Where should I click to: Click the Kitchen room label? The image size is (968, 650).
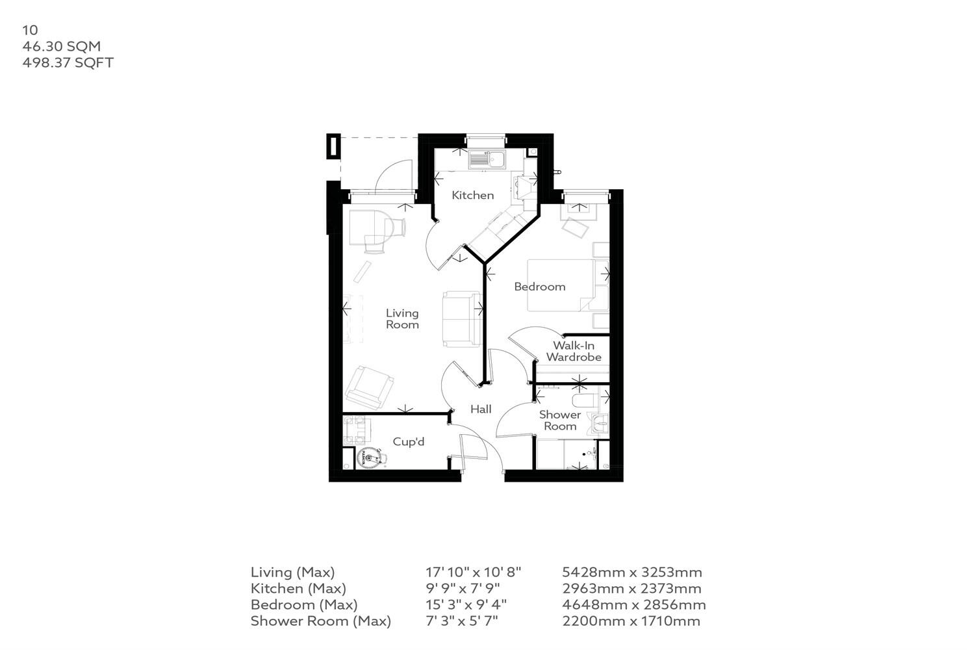472,195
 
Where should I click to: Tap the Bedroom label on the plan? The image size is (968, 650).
539,287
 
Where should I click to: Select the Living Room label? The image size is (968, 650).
402,319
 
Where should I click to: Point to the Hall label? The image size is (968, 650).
481,409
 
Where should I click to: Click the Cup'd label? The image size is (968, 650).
409,442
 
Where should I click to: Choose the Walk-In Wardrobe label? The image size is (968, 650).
574,352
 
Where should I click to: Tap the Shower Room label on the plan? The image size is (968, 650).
560,421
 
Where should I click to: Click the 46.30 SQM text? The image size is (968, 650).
62,47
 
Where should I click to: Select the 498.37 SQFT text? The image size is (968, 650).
68,63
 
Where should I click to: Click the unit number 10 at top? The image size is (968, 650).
30,30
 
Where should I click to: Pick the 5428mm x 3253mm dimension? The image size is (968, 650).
631,573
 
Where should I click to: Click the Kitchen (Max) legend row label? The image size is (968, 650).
298,589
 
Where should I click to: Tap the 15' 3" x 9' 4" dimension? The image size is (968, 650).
466,604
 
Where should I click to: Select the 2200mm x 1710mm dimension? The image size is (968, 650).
631,621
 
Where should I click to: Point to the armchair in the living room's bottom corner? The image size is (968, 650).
368,388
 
